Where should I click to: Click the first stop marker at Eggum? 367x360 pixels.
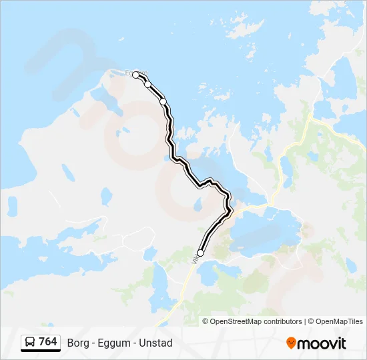coord(136,75)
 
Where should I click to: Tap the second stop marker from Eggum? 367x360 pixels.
coord(147,84)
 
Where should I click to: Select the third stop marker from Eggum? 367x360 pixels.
coord(163,101)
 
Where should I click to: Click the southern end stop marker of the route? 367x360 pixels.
coord(200,253)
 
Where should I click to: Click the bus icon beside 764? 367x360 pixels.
coord(30,342)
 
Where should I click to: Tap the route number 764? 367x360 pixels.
coord(48,342)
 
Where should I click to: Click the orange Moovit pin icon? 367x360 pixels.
coord(291,343)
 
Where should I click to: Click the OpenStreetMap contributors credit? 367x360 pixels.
coord(256,321)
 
